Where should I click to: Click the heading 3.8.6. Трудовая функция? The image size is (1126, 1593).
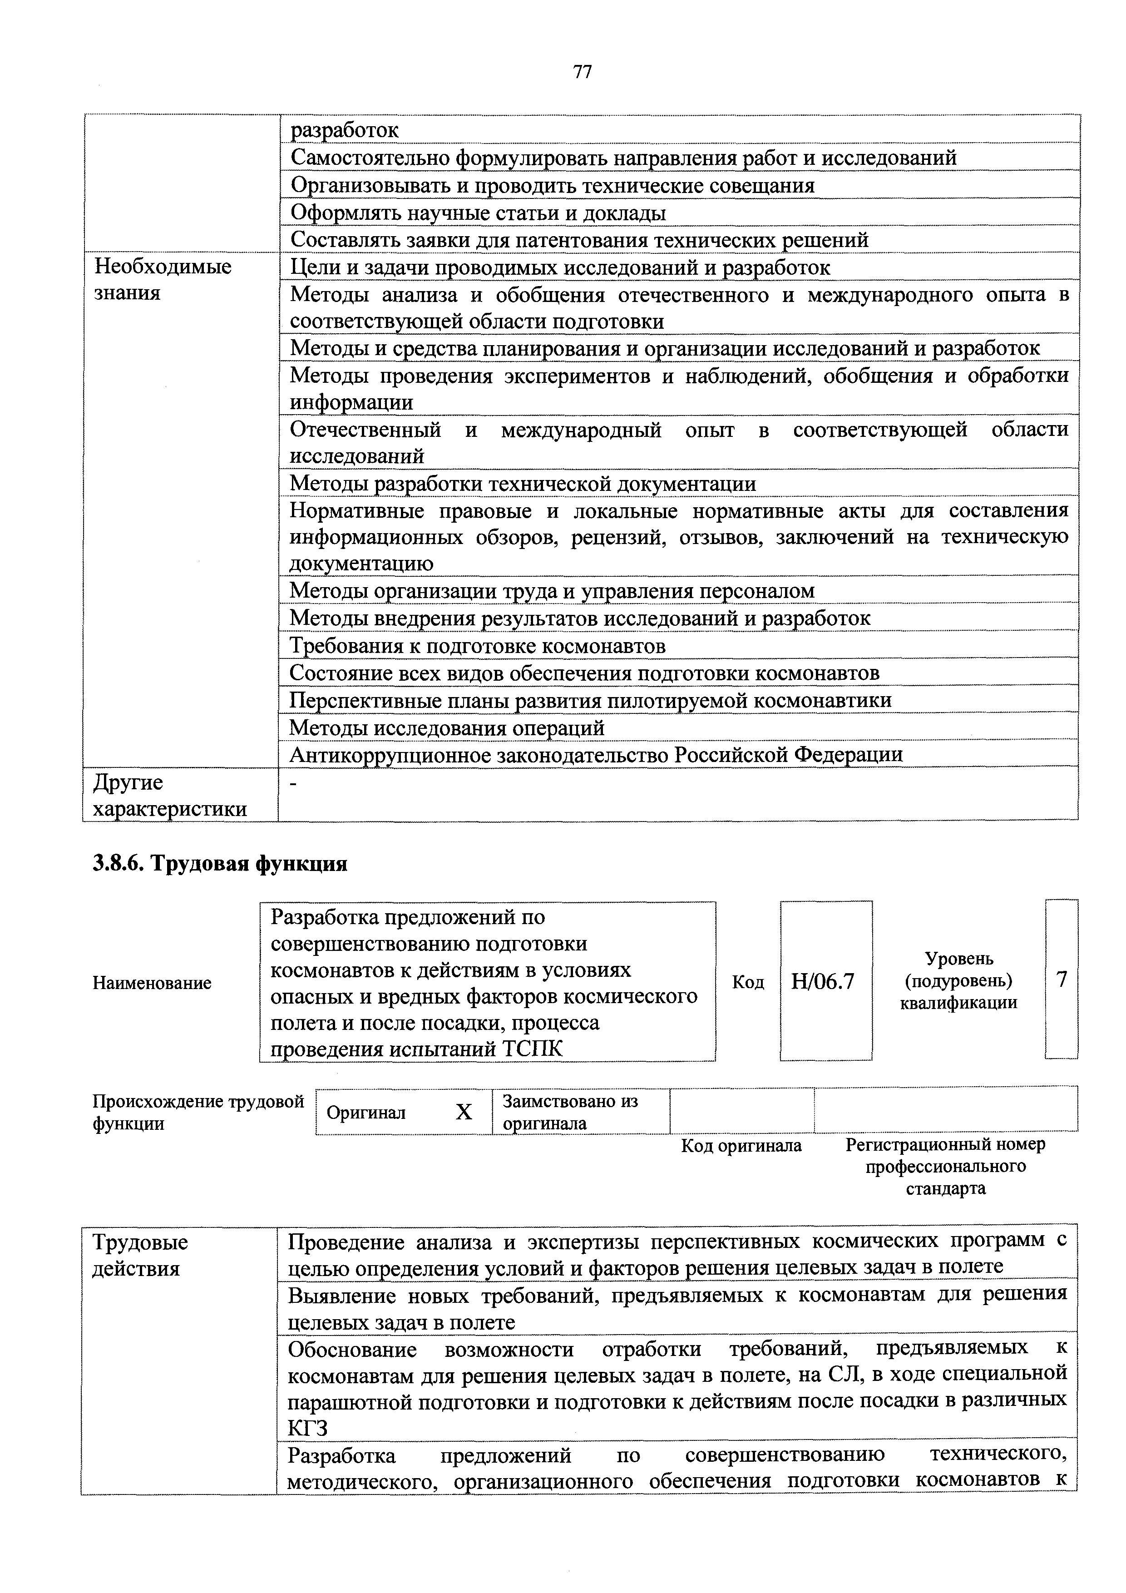tap(219, 864)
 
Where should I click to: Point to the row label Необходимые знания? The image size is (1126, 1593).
tap(163, 280)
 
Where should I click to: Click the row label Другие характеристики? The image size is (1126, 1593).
tap(169, 795)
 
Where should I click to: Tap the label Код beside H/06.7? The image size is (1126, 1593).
tap(748, 982)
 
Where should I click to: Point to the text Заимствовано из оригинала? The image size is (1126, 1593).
tap(570, 1112)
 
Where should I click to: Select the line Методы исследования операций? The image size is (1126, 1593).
tap(447, 728)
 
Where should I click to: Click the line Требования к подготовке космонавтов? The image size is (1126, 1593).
tap(477, 646)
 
